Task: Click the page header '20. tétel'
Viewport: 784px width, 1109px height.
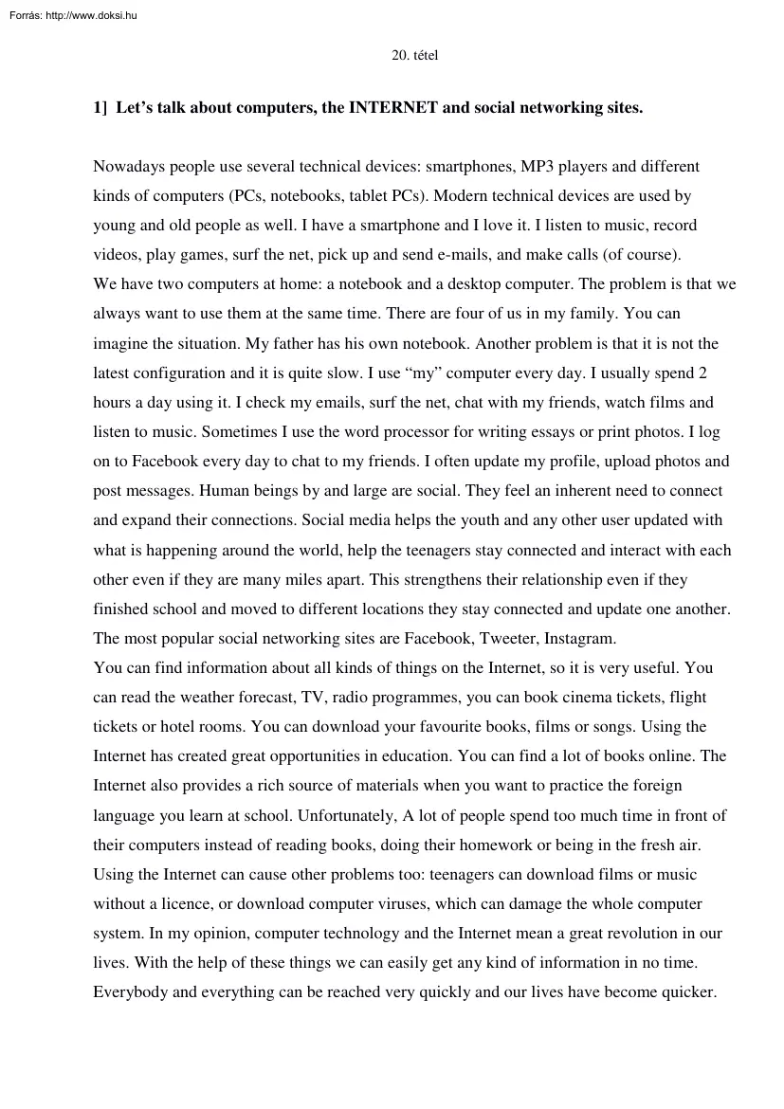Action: pyautogui.click(x=414, y=56)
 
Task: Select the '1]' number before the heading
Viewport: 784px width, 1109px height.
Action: pyautogui.click(x=100, y=108)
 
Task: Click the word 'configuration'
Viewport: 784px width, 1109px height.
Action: pyautogui.click(x=179, y=373)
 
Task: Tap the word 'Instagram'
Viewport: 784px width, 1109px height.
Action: pyautogui.click(x=581, y=639)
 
